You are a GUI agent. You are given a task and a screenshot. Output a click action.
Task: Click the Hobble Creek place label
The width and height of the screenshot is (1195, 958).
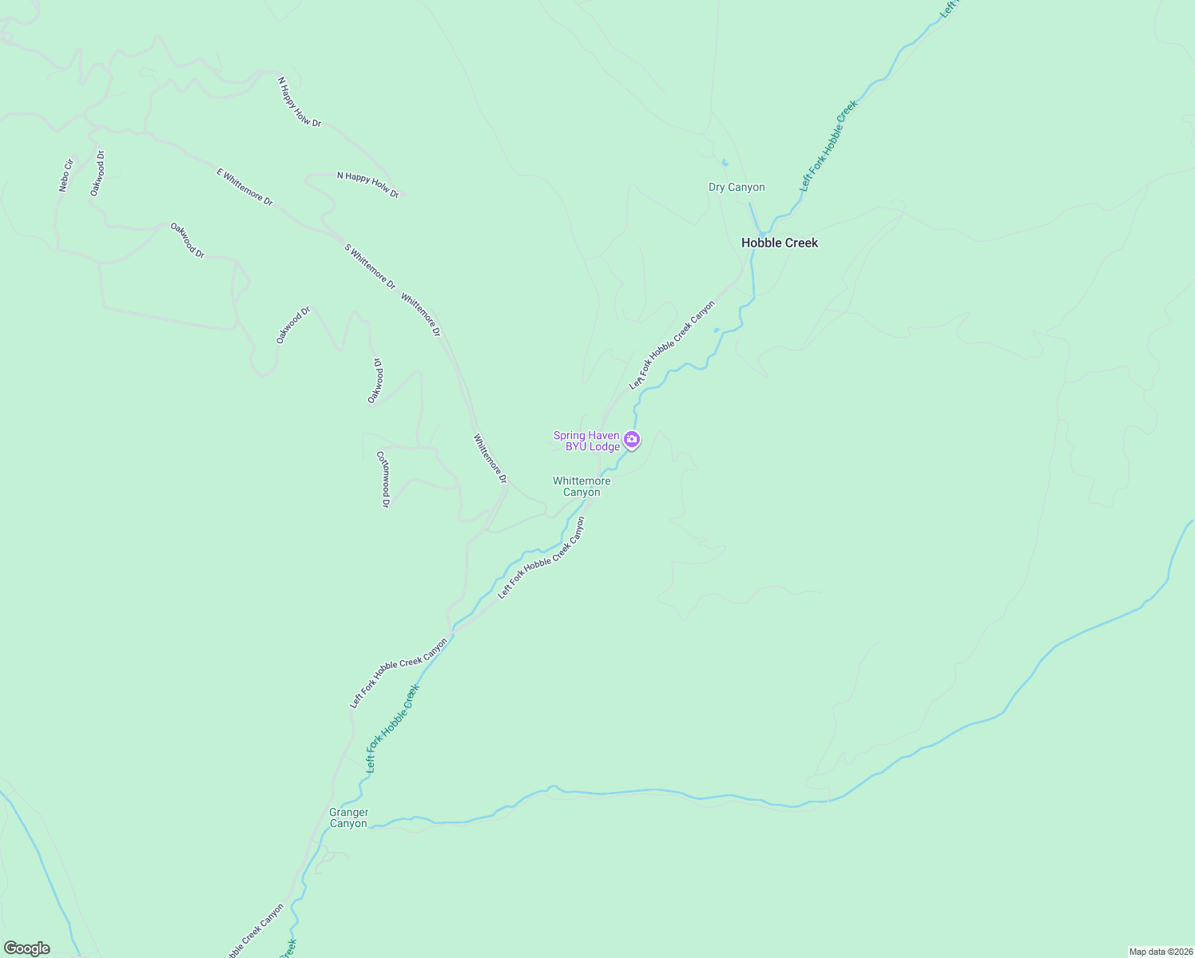click(779, 243)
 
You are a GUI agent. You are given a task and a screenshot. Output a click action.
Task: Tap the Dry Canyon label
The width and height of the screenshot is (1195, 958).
click(736, 188)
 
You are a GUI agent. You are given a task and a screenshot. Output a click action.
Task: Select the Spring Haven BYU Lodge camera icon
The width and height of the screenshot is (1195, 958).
click(632, 439)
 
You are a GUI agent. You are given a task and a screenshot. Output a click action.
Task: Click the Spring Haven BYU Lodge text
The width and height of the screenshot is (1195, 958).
click(587, 441)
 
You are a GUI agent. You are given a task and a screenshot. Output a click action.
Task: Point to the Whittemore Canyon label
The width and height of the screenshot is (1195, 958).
click(582, 486)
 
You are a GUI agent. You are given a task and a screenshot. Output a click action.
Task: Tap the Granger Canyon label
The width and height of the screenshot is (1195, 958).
click(348, 818)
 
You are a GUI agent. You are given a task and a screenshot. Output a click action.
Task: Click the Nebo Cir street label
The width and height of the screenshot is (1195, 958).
click(66, 176)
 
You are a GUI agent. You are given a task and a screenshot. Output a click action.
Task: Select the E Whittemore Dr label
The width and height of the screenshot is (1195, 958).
click(244, 187)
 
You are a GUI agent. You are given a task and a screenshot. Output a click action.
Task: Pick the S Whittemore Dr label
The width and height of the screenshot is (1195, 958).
click(370, 266)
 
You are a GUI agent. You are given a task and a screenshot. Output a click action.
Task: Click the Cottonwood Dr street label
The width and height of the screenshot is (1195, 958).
click(383, 479)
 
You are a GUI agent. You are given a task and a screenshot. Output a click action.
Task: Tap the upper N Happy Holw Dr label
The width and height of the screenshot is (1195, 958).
click(300, 101)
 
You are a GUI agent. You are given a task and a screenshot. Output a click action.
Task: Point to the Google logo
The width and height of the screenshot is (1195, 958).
click(27, 948)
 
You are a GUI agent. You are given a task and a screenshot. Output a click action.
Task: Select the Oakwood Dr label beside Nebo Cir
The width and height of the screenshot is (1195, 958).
click(97, 173)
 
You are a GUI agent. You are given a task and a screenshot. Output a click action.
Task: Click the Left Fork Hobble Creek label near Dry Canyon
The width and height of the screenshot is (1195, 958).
click(829, 145)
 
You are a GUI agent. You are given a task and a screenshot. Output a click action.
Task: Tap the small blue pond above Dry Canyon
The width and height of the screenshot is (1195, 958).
click(725, 163)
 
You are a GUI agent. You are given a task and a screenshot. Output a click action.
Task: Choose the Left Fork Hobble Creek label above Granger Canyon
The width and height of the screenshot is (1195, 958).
click(392, 728)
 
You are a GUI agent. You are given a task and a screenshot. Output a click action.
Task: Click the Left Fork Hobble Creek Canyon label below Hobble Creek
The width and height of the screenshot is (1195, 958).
click(672, 345)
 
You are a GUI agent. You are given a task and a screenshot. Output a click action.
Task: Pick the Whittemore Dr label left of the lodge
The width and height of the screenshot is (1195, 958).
click(490, 458)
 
